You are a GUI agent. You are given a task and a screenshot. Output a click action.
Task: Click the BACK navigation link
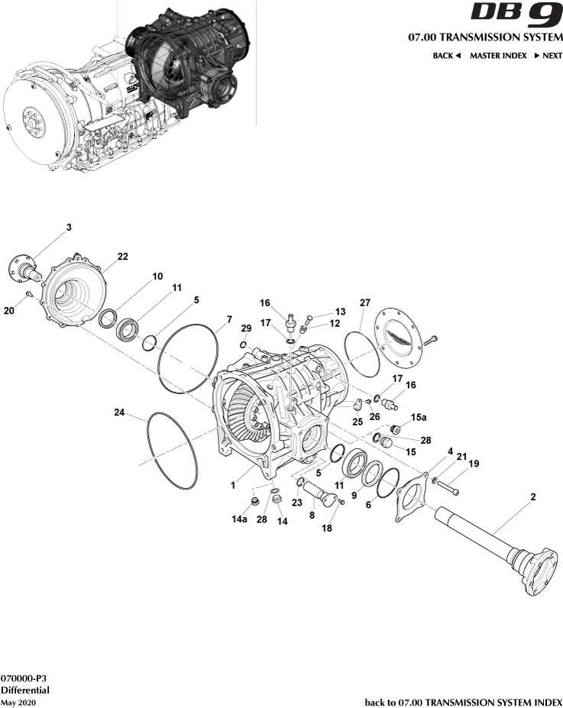[446, 56]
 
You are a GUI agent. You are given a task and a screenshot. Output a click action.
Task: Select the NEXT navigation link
[548, 56]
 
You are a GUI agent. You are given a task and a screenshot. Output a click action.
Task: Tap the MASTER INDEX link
[497, 56]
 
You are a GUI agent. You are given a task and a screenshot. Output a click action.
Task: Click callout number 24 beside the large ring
[120, 413]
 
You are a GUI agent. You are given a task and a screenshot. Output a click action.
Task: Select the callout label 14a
[240, 519]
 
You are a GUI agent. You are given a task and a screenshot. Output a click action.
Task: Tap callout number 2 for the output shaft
[532, 497]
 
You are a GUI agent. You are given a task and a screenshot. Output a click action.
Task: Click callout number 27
[365, 302]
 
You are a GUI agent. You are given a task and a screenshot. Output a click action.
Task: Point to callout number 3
[69, 228]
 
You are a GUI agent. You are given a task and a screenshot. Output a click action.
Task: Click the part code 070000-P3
[22, 677]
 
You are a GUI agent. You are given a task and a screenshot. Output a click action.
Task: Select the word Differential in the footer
[24, 689]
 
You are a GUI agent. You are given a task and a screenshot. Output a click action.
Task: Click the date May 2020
[18, 701]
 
